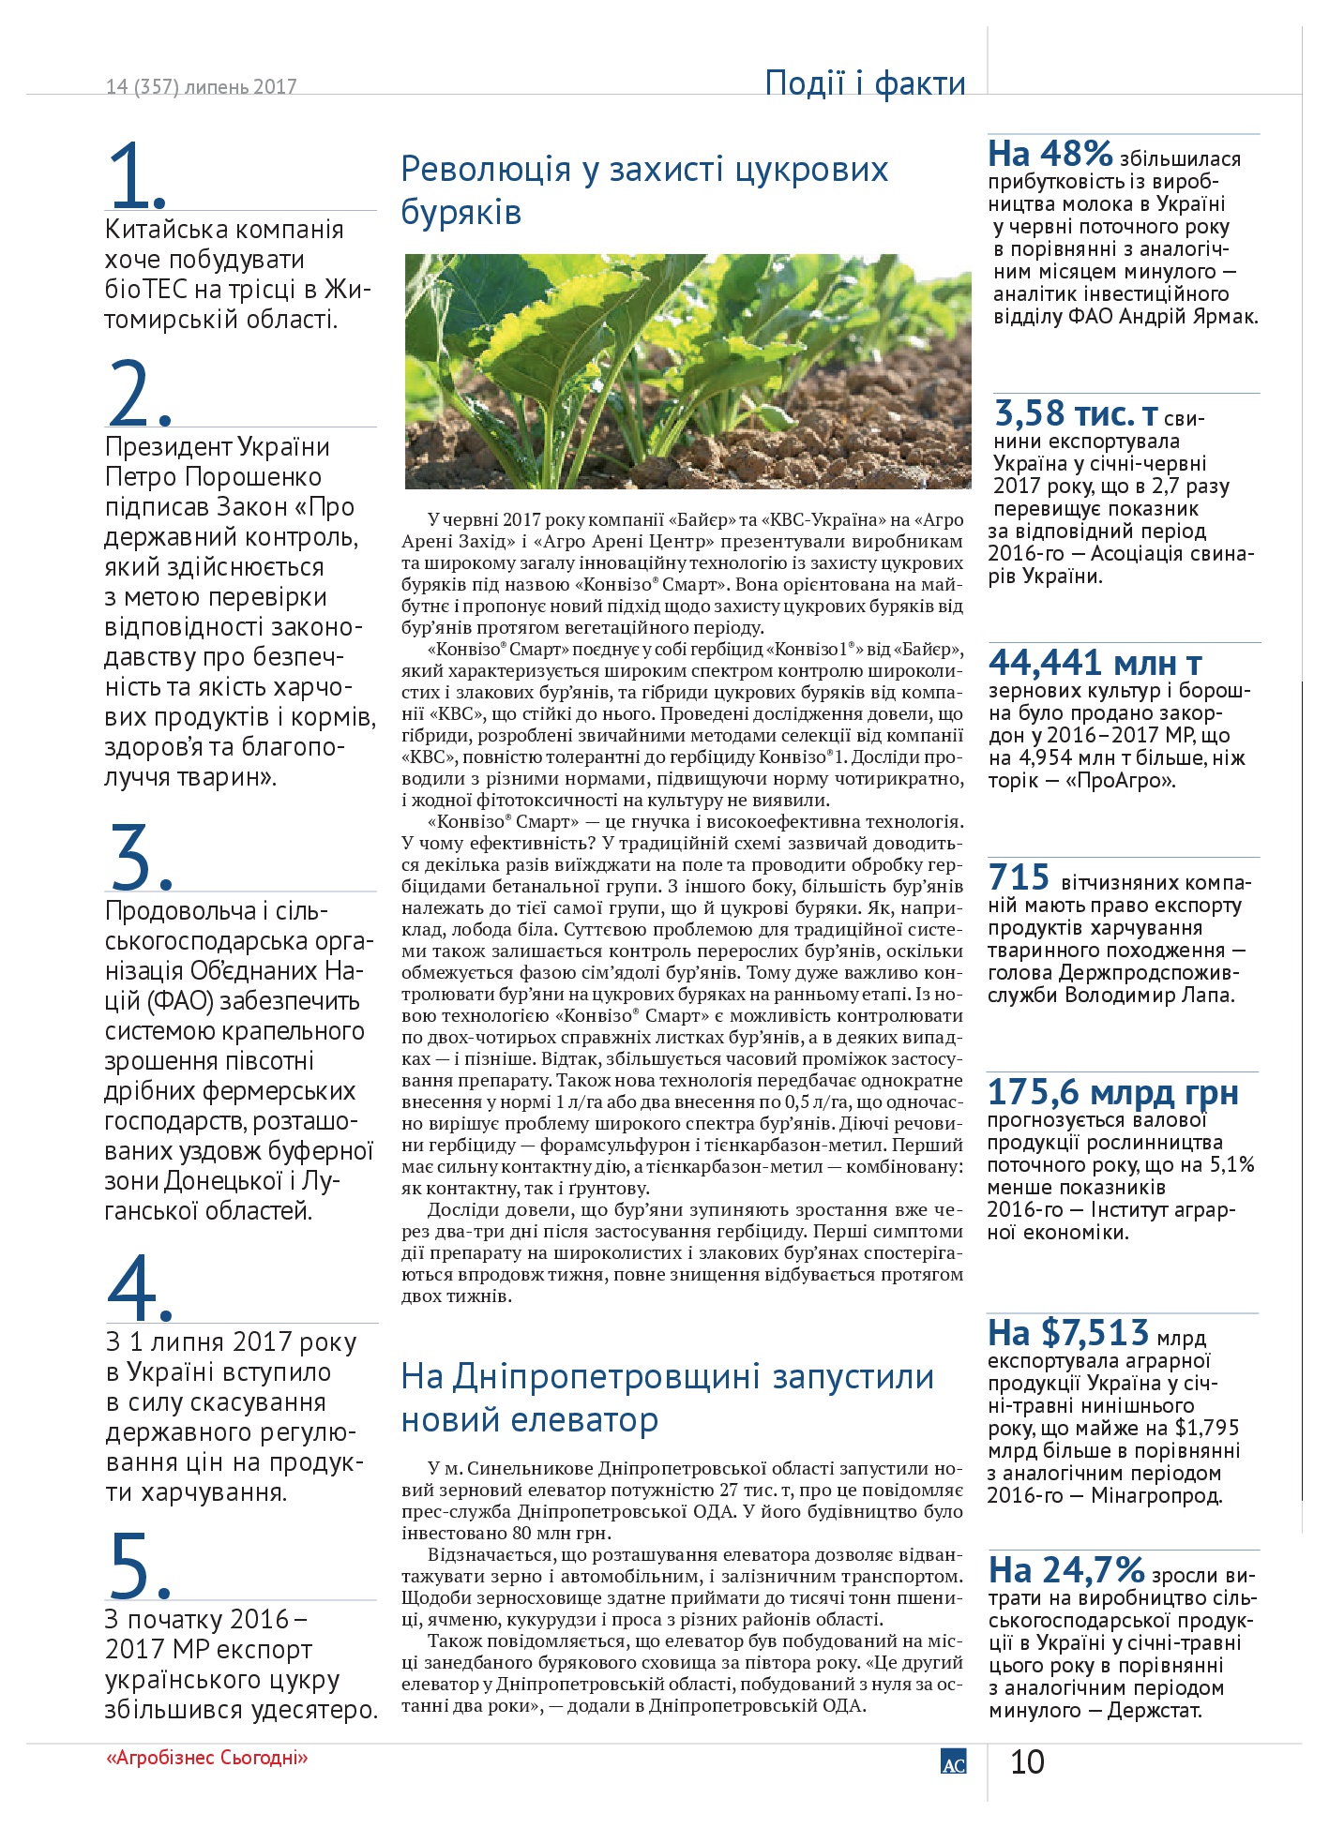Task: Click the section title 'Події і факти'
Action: point(865,82)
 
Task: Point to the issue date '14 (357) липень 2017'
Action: point(202,87)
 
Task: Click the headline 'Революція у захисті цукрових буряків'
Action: point(644,190)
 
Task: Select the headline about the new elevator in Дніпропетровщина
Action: point(667,1398)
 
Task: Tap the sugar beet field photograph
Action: point(687,370)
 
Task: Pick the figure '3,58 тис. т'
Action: point(1076,412)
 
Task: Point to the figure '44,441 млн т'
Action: point(1095,663)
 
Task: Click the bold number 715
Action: point(1019,877)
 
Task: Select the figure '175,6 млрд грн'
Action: point(1113,1092)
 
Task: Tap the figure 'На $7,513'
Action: point(1068,1332)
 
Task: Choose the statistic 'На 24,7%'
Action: point(1066,1569)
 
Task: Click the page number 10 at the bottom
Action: point(1027,1762)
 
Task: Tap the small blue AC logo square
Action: point(953,1761)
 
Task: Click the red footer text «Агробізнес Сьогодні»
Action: point(207,1757)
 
